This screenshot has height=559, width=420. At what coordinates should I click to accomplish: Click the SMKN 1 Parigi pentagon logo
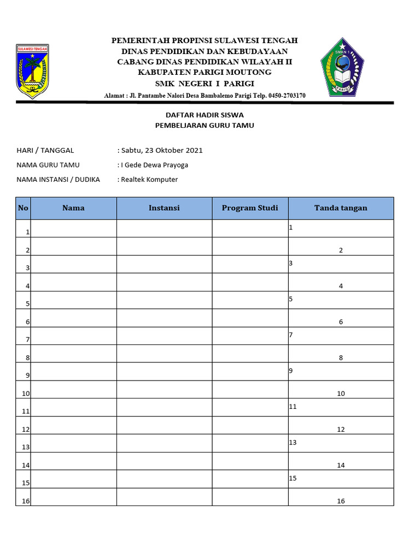pos(341,67)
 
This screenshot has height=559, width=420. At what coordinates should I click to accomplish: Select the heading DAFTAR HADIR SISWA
pos(205,115)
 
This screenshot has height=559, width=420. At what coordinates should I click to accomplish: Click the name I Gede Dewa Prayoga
pos(154,165)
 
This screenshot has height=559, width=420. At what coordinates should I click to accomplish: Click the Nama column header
pos(73,208)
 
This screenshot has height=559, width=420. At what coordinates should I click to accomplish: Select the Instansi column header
pos(164,208)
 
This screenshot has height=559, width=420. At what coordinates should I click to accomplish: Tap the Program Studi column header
pos(250,208)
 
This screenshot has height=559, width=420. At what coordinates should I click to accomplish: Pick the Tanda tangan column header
pos(341,208)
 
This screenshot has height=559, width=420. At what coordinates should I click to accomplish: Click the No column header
pos(23,208)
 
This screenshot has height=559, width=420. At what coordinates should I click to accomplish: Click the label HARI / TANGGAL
pos(45,150)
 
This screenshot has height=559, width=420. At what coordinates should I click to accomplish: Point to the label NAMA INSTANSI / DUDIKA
pos(58,179)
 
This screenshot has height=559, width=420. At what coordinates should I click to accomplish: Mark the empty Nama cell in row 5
pos(74,300)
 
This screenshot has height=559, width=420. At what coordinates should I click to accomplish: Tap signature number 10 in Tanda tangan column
pos(341,393)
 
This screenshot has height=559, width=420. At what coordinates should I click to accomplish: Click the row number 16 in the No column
pos(26,501)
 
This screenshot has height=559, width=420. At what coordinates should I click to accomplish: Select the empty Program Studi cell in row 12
pos(250,425)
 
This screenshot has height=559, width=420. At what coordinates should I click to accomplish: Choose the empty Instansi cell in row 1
pos(164,228)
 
